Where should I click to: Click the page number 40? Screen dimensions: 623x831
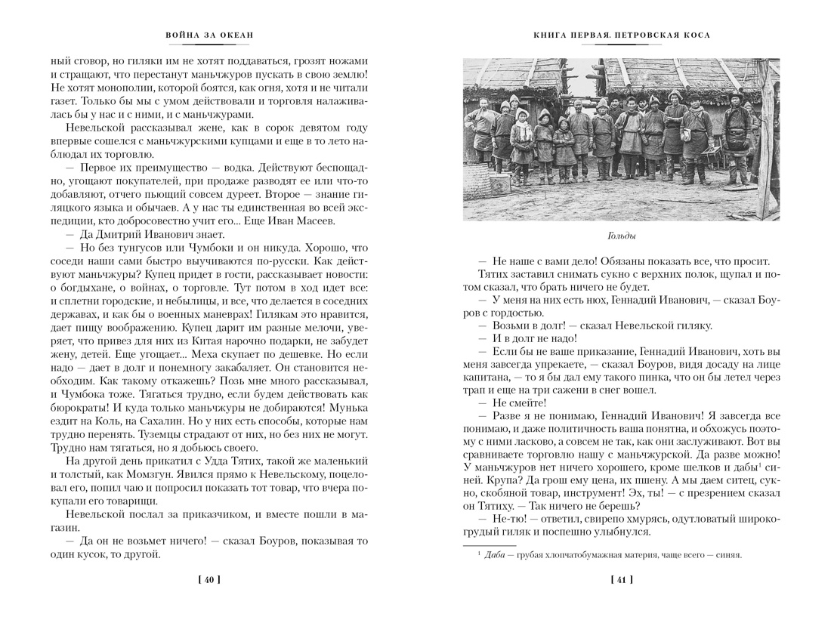(x=209, y=580)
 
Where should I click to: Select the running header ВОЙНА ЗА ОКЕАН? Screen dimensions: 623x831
(x=209, y=35)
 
